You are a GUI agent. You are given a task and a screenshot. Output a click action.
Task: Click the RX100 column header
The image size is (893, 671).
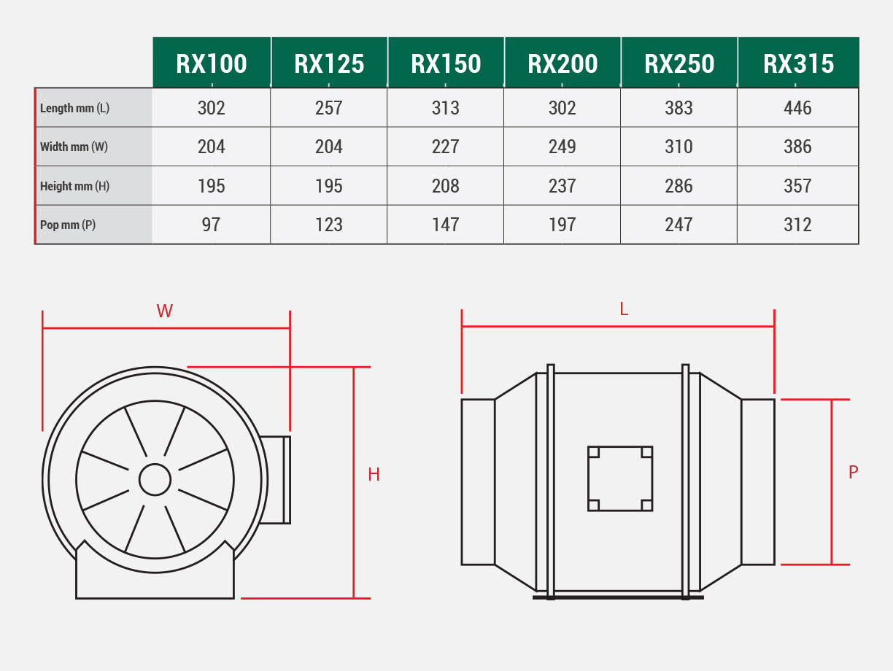click(x=212, y=63)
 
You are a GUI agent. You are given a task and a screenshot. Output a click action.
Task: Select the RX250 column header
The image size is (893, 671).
click(x=679, y=63)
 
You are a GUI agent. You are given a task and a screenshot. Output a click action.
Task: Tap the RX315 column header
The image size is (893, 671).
click(x=798, y=63)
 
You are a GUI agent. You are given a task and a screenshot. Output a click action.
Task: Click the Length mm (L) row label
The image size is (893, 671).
click(x=74, y=108)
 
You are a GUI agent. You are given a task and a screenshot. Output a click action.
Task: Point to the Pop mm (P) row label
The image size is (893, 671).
click(x=68, y=225)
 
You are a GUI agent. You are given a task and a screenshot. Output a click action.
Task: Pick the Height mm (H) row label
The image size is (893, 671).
click(x=74, y=186)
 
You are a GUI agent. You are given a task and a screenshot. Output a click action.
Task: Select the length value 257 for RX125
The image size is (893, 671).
click(x=328, y=108)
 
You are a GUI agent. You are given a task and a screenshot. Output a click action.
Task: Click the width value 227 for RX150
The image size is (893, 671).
click(x=445, y=147)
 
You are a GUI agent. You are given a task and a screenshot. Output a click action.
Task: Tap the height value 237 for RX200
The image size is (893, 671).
click(x=562, y=186)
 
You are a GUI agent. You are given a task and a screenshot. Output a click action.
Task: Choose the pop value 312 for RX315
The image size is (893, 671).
click(x=797, y=225)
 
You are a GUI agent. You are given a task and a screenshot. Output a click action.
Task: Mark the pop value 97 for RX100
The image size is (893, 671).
click(x=211, y=225)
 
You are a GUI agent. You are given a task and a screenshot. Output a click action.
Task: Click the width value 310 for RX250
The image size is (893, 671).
click(x=679, y=147)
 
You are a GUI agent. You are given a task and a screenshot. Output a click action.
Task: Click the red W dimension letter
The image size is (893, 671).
click(x=165, y=311)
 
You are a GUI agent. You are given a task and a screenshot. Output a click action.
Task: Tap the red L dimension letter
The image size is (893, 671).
click(x=624, y=309)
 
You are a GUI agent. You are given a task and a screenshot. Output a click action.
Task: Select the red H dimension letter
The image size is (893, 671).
click(x=374, y=475)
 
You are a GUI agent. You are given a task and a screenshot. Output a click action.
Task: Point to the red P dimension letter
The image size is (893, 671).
click(x=853, y=473)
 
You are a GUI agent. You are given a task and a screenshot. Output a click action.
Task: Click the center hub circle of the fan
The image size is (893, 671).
click(x=155, y=480)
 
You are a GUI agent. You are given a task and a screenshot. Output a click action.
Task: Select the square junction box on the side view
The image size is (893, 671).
click(x=620, y=478)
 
